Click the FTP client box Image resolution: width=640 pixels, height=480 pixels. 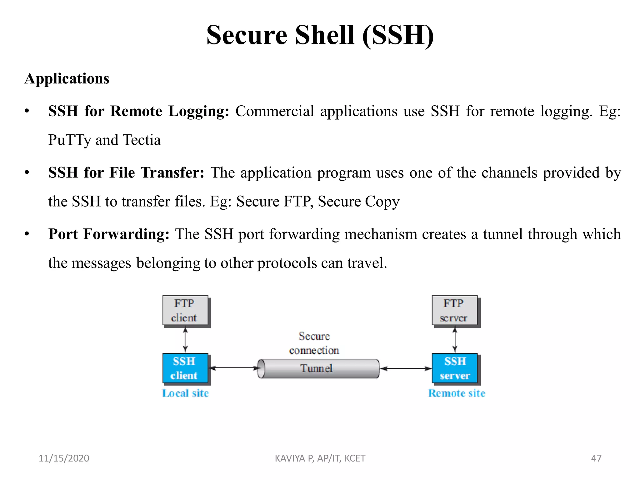click(x=185, y=310)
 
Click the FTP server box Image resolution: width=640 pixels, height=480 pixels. click(x=455, y=310)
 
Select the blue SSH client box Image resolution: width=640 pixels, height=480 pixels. click(x=185, y=368)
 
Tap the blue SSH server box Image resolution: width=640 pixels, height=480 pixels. click(x=455, y=368)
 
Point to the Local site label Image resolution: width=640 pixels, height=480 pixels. click(x=185, y=393)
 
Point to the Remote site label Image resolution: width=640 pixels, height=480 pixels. click(x=457, y=393)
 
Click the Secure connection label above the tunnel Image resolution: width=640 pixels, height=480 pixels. click(x=314, y=343)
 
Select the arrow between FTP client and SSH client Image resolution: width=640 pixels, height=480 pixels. click(x=185, y=340)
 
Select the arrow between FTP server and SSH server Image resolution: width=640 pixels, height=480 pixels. click(x=455, y=340)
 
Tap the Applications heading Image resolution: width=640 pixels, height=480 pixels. click(x=67, y=78)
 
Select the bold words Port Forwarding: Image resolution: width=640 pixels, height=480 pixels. click(x=109, y=234)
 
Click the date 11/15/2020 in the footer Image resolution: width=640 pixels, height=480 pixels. click(x=64, y=458)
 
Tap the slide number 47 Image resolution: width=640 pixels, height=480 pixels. click(x=596, y=458)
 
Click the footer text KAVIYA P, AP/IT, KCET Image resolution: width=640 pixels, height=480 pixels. click(x=320, y=458)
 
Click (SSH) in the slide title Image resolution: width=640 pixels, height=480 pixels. click(x=398, y=35)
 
